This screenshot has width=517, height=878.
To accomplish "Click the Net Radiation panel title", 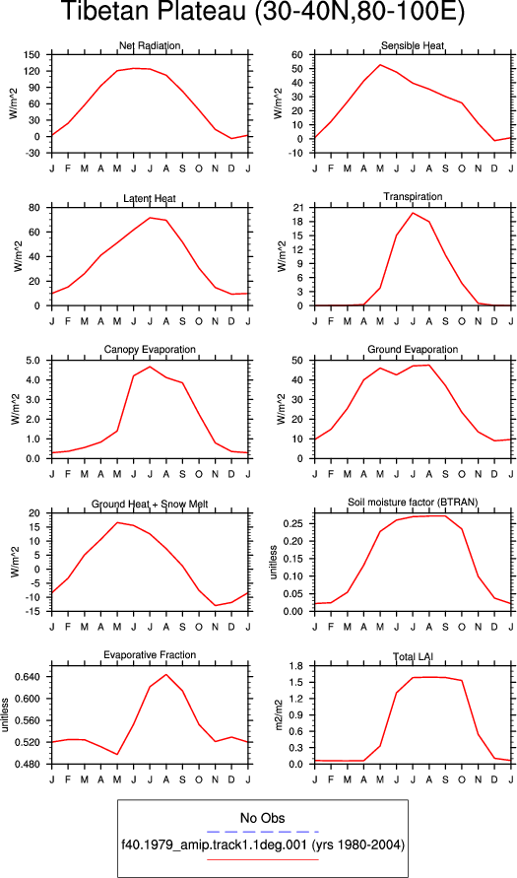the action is (x=150, y=46).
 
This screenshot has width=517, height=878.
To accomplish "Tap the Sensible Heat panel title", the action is (x=413, y=46).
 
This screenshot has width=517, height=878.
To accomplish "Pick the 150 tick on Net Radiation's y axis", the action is (x=32, y=55).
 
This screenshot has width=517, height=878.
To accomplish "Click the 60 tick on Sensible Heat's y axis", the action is (x=296, y=55).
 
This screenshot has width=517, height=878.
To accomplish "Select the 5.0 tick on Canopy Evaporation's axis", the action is (x=33, y=361).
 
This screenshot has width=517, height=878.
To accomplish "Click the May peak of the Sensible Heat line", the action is (x=380, y=64).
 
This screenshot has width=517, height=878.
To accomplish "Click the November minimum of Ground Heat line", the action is (x=216, y=605).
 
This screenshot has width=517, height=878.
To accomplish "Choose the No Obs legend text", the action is (x=262, y=819).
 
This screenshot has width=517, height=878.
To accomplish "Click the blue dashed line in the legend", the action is (x=262, y=832).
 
